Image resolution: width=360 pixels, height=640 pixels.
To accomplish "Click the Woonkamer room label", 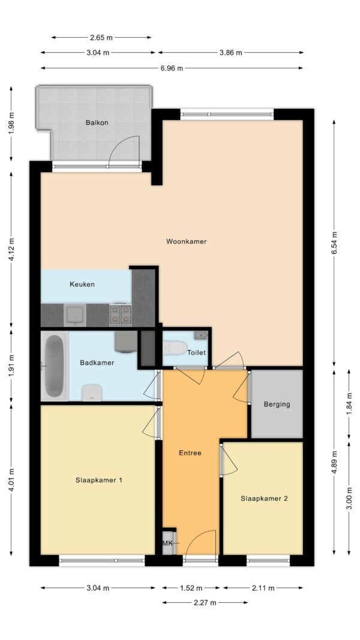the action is [186, 241].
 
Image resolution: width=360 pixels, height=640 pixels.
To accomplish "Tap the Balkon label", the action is [97, 122].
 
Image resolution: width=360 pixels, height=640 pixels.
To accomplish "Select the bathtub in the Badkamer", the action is [54, 366].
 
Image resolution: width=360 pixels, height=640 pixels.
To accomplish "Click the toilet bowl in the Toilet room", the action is [174, 348].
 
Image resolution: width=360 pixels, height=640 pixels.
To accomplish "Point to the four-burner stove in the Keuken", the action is [121, 315].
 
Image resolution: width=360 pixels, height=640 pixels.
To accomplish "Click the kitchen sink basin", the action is [75, 315].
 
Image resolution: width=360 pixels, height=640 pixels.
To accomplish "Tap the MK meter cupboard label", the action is [167, 543].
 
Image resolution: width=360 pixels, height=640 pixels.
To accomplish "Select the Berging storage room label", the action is [277, 404].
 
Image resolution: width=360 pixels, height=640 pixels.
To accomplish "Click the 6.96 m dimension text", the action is [172, 68].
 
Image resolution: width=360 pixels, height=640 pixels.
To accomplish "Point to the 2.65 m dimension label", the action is [101, 38].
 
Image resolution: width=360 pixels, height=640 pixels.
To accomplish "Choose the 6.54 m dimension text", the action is [335, 244].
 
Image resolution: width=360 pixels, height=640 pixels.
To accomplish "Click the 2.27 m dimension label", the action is [205, 603].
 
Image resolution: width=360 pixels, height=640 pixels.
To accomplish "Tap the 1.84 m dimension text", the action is [349, 403].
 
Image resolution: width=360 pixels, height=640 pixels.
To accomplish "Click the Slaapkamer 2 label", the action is [264, 498].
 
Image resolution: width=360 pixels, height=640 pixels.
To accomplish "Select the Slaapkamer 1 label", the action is [99, 480].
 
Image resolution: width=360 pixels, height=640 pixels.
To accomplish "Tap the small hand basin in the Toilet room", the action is [201, 335].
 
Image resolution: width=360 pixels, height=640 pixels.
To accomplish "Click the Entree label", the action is [190, 453].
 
